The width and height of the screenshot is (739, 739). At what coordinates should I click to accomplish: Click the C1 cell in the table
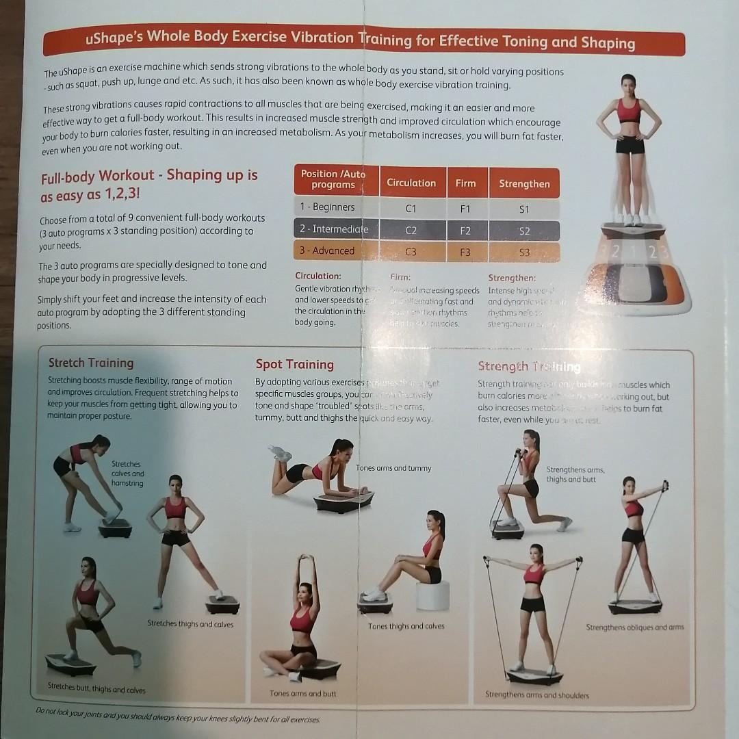[411, 208]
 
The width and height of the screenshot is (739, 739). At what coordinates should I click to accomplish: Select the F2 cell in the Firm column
[465, 231]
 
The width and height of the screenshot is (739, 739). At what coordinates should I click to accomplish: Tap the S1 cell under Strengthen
[524, 209]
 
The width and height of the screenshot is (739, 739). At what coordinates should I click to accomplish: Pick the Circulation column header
[411, 183]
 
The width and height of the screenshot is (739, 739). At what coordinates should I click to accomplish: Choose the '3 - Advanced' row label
[326, 250]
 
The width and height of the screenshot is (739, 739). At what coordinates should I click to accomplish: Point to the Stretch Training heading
[91, 363]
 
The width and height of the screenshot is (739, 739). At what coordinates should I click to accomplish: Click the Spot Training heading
[294, 364]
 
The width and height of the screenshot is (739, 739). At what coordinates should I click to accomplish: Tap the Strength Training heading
[529, 367]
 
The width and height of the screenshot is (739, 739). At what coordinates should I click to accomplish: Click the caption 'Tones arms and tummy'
[393, 468]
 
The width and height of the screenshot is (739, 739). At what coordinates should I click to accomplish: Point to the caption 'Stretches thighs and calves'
[190, 624]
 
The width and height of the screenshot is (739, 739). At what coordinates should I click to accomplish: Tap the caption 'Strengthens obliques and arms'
[634, 627]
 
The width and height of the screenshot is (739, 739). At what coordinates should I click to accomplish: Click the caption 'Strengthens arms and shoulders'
[536, 695]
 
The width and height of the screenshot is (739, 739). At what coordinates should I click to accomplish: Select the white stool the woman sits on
[432, 596]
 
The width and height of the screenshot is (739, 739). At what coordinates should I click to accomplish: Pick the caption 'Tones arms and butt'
[303, 693]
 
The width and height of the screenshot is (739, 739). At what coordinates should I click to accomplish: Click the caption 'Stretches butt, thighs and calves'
[96, 689]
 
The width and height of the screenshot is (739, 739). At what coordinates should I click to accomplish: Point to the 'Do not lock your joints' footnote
[178, 715]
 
